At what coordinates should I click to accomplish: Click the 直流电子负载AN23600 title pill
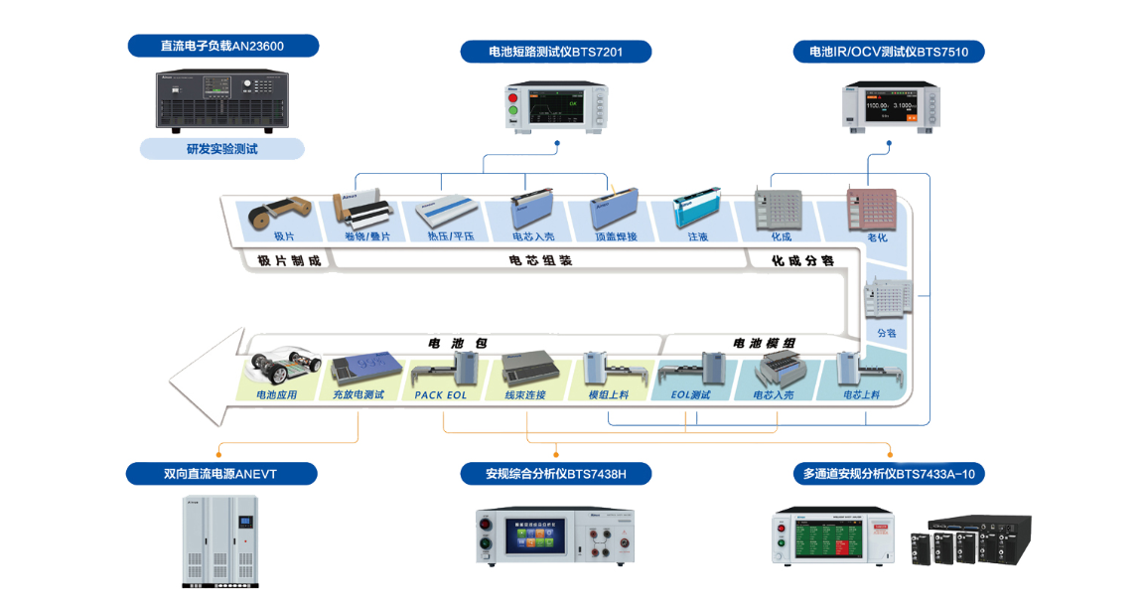pos(222,46)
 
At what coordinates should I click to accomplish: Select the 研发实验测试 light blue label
pos(221,149)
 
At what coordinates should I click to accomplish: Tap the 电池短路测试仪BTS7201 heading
pos(555,52)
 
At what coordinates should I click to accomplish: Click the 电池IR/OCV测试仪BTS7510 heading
pos(889,52)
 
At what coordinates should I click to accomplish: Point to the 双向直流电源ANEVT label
pos(220,474)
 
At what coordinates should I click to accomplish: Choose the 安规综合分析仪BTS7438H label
pos(555,474)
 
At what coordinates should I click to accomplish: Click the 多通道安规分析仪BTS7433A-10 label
pos(888,474)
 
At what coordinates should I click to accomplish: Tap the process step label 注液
pos(697,237)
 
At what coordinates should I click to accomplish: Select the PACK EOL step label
pos(441,394)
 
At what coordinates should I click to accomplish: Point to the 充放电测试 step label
pos(357,394)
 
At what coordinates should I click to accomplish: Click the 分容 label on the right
pos(886,333)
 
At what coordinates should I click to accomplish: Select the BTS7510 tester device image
pos(887,104)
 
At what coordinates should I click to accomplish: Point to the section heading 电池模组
pos(764,343)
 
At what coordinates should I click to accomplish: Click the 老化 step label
pos(877,237)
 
